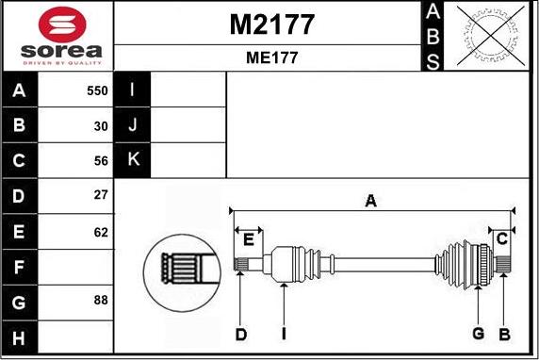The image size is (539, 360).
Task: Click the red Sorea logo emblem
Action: coord(62,25)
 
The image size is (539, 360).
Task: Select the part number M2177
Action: coord(271,25)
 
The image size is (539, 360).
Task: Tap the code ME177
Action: coord(271,57)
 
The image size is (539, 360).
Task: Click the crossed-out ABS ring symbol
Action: coord(492,36)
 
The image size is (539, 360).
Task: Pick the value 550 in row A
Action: coord(97,90)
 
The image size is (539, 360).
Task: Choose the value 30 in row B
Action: coord(101,126)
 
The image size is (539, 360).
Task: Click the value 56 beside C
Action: coord(101,161)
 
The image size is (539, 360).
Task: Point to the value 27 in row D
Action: coord(101,195)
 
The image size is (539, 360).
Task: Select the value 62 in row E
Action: coord(101,233)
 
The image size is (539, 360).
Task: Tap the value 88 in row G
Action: coord(101,301)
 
